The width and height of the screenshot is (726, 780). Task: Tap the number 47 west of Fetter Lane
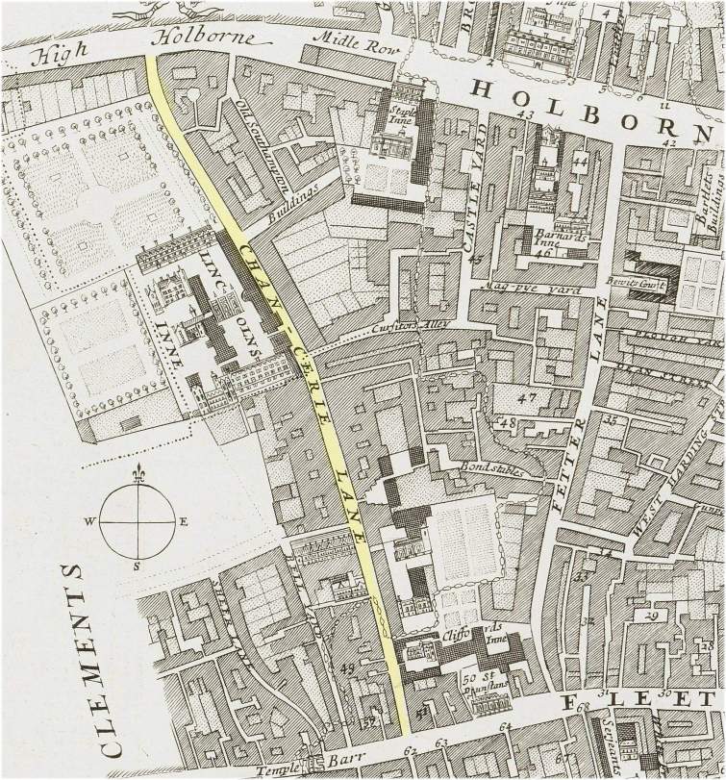pos(525,397)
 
